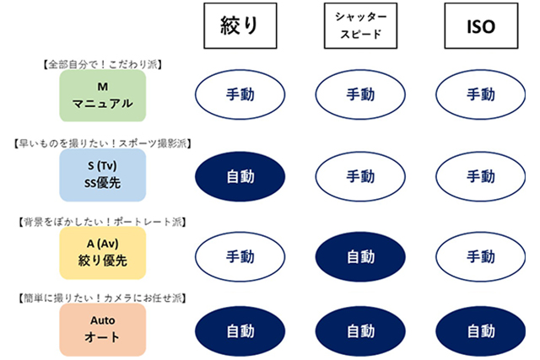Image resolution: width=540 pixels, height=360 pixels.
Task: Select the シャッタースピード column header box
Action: coord(354,28)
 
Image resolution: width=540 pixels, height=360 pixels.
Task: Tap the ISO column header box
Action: coord(481,28)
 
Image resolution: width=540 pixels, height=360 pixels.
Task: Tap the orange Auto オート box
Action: coord(104,330)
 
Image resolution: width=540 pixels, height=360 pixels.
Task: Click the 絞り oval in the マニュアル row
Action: coord(236,96)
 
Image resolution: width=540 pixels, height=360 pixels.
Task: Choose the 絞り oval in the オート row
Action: coord(236,330)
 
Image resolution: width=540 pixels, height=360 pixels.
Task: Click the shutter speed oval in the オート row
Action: coord(355,330)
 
